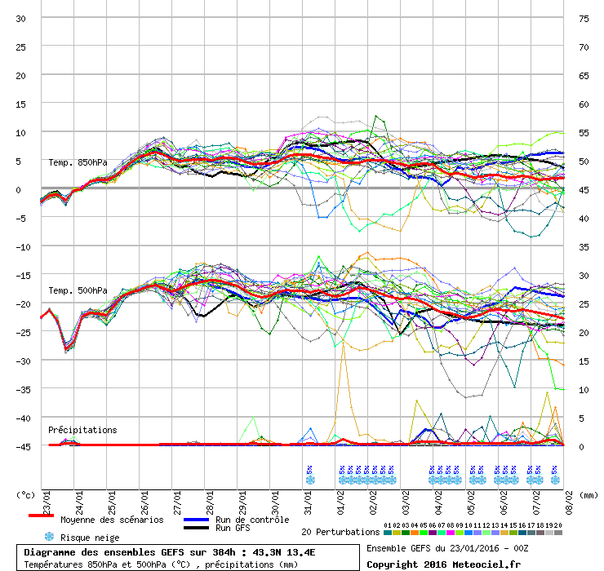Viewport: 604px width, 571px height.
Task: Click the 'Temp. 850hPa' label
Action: coord(78,162)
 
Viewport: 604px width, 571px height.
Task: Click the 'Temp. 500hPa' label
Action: coord(78,290)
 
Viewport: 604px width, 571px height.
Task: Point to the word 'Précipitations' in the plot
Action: coord(82,430)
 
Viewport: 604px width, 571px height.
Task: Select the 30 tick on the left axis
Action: coord(21,18)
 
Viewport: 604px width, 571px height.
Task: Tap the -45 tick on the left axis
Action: coord(21,446)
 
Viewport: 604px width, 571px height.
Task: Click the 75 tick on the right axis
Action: coord(584,18)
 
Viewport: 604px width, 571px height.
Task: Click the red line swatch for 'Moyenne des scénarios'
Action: coord(41,516)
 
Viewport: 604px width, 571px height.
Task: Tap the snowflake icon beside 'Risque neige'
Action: coord(49,537)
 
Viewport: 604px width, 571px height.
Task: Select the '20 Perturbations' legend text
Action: coord(340,532)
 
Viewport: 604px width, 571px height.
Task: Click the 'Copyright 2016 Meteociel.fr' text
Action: coord(443,564)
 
